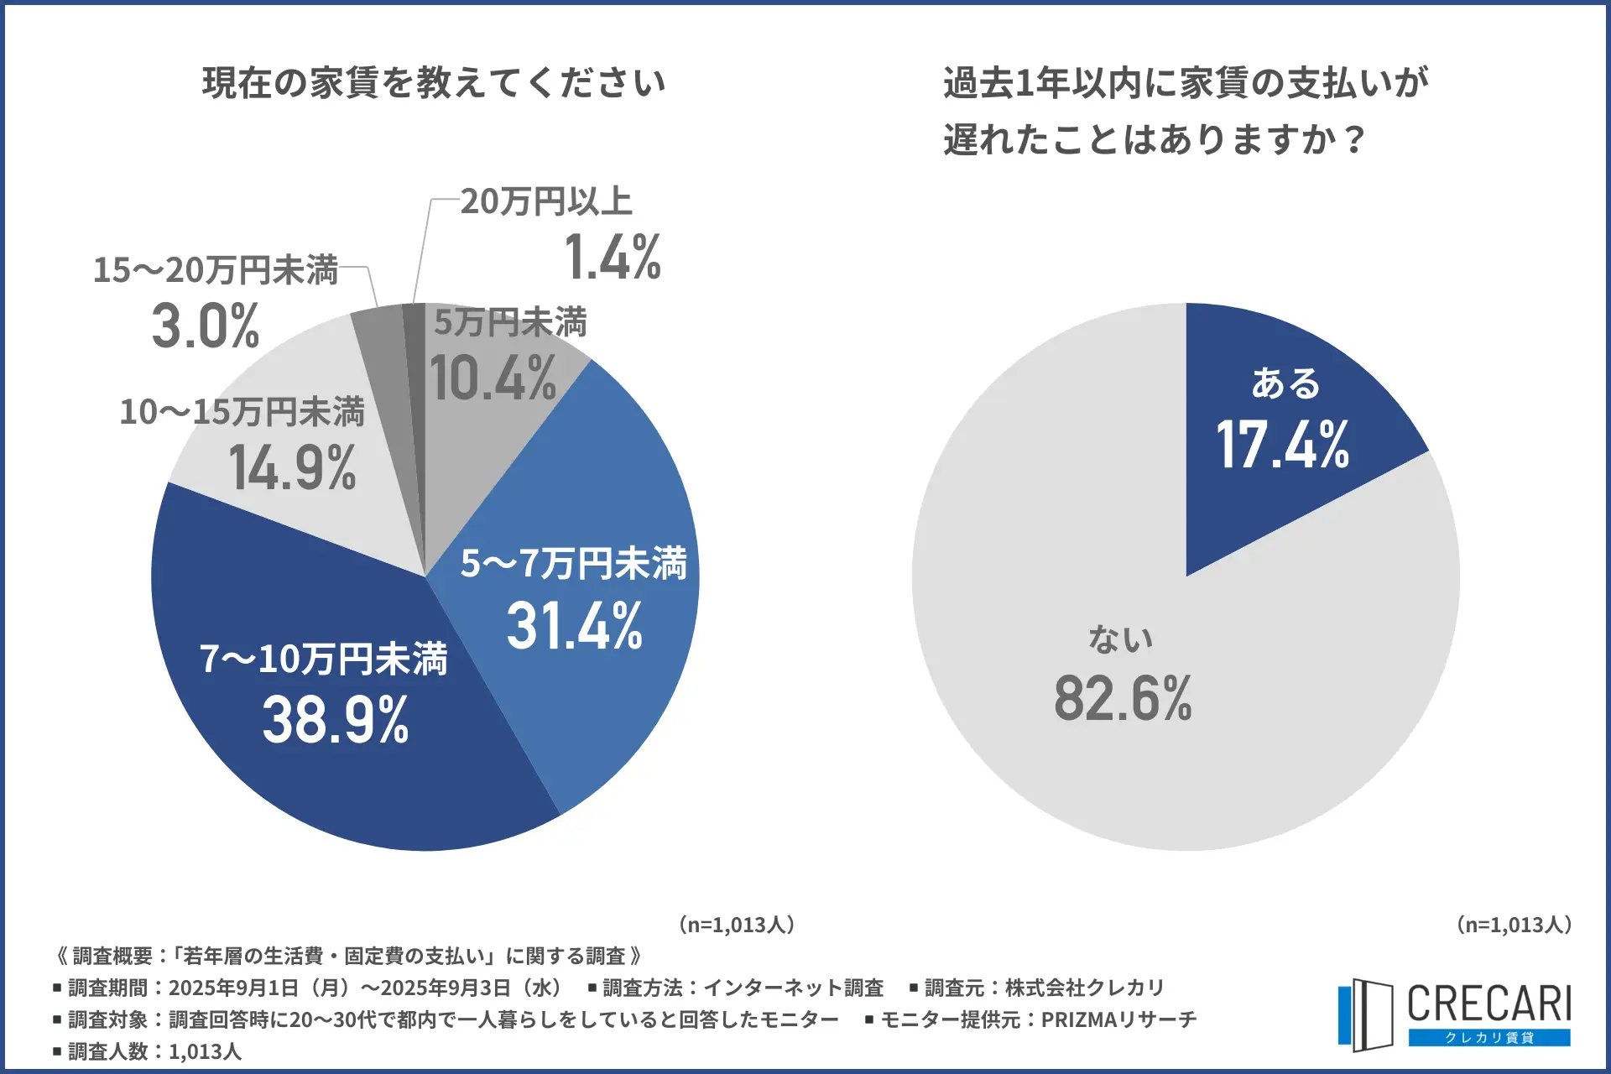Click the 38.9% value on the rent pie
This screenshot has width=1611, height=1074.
[x=336, y=720]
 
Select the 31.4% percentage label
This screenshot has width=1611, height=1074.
[x=575, y=627]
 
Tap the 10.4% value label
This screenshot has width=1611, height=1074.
[x=493, y=378]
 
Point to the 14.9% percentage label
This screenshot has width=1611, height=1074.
[x=293, y=467]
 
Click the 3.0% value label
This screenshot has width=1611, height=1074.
[x=206, y=326]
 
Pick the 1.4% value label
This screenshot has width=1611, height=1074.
[x=613, y=257]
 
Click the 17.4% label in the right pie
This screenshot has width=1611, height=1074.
[x=1283, y=445]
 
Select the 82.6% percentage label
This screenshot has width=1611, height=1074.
[x=1123, y=698]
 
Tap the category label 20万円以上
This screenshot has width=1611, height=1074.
[x=546, y=201]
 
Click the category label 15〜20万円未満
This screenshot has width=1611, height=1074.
[x=216, y=270]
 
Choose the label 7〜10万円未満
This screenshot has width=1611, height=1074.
[x=323, y=660]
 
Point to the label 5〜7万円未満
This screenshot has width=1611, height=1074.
[x=574, y=564]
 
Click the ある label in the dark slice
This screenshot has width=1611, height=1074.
[x=1285, y=383]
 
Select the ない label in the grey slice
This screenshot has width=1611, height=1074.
[x=1121, y=639]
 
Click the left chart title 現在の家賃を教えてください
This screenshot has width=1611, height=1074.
[x=434, y=83]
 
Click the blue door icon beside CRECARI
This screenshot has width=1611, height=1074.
[x=1365, y=1014]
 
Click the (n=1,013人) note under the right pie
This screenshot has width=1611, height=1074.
[x=1515, y=925]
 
